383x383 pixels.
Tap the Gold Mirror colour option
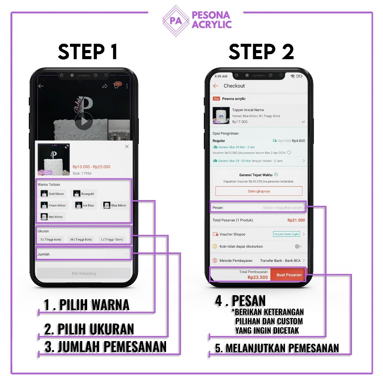[x=53, y=194]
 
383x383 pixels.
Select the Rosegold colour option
[x=85, y=194]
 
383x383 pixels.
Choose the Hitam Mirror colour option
[x=54, y=205]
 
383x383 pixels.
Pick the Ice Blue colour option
[x=85, y=205]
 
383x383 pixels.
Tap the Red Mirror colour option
[x=52, y=217]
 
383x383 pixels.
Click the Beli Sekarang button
[x=84, y=273]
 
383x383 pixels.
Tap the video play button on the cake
[x=84, y=121]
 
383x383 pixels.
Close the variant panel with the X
[x=127, y=147]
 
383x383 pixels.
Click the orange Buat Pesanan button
[x=289, y=275]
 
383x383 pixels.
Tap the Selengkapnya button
[x=259, y=191]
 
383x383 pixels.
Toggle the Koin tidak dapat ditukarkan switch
[x=298, y=246]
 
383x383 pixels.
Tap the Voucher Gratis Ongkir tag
[x=286, y=234]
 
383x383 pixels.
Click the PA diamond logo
[x=176, y=21]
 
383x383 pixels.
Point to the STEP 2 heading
[x=261, y=52]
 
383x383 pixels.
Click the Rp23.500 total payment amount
[x=258, y=278]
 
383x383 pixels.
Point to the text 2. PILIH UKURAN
[x=89, y=329]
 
